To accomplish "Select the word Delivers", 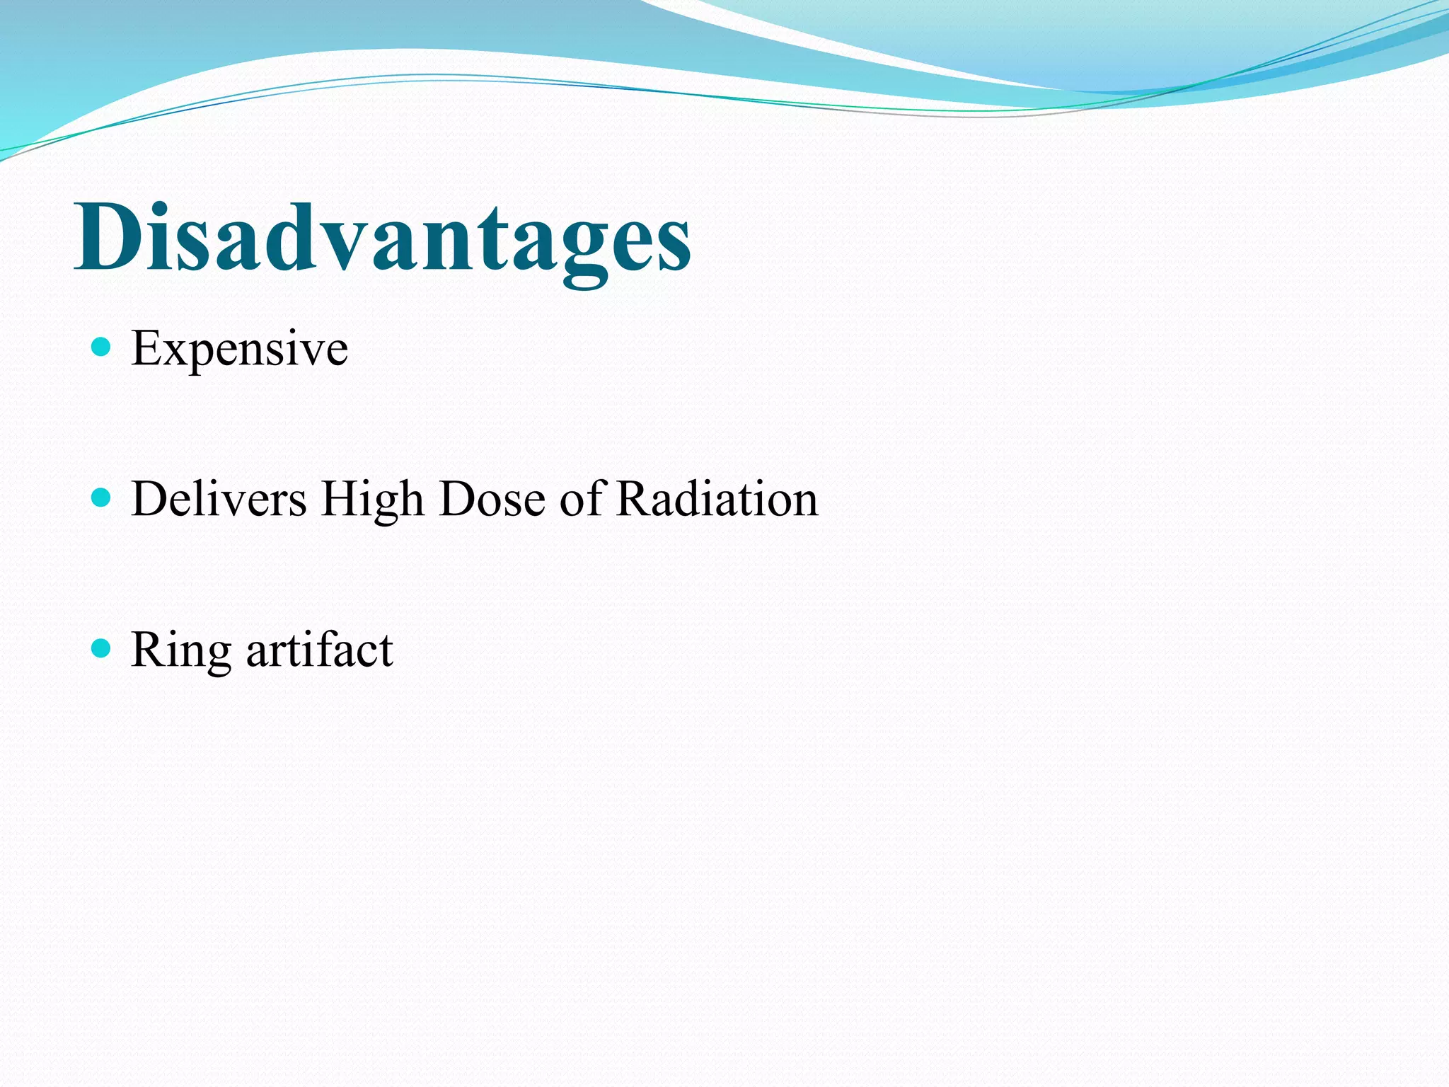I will coord(219,499).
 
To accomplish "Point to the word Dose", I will coord(492,499).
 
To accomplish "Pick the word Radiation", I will coord(717,499).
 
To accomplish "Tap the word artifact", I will coord(319,649).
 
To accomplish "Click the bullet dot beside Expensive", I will coord(102,347).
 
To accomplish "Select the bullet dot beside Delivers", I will coord(102,498).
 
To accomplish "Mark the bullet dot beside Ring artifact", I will coord(102,648).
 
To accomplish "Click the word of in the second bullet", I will coord(583,499).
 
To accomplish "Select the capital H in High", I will coord(338,499).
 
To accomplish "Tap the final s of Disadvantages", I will coord(672,244).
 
